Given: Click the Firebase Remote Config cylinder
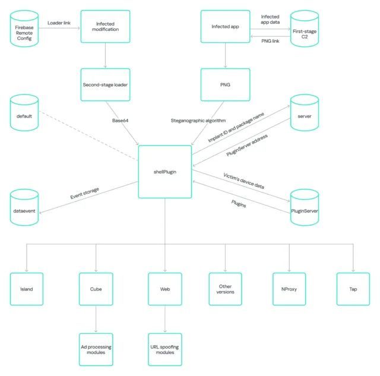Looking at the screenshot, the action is (24, 29).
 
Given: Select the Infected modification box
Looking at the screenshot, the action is (105, 26).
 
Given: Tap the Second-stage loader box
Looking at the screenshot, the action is (105, 84).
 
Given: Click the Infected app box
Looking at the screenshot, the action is (225, 26).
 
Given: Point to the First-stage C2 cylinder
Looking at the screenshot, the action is (305, 29).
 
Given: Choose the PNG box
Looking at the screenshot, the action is (225, 84).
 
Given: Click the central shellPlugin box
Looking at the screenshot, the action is (165, 172).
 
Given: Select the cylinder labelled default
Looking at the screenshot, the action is (24, 113).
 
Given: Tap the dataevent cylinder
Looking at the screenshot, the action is (24, 207).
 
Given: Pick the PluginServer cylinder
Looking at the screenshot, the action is (305, 207).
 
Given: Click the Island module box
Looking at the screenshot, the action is (26, 289).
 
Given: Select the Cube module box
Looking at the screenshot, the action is (96, 289).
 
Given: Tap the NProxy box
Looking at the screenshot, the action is (289, 289).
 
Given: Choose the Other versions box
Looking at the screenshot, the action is (225, 289).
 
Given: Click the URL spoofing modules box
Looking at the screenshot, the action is (165, 349).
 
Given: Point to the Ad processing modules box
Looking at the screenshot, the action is (96, 349).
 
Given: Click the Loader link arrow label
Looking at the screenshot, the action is (59, 23).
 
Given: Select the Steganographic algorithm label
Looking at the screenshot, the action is (198, 121).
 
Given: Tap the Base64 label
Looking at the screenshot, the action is (120, 121).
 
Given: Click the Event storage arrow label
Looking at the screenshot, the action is (84, 193).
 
